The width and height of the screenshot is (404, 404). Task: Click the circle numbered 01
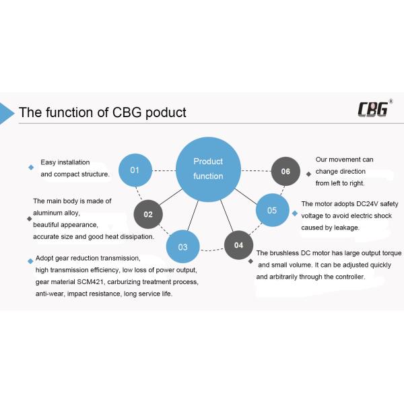coord(135,170)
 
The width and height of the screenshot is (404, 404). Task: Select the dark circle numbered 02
coord(148,215)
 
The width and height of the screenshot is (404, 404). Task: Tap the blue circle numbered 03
coord(182,247)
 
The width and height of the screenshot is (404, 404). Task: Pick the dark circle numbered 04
coord(238,246)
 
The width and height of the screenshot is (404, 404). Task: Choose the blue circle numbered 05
coord(272,211)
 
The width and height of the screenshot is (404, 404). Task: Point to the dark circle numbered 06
coord(285,172)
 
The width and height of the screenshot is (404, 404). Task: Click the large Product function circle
coord(208,168)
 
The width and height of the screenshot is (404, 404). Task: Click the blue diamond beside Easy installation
coord(31,168)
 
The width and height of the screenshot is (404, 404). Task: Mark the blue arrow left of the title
coord(7,112)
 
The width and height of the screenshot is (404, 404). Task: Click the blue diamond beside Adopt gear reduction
coord(30,261)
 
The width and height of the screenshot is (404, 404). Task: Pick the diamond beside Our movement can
coord(308,174)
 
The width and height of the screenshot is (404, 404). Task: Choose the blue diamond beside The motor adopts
coord(294,213)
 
